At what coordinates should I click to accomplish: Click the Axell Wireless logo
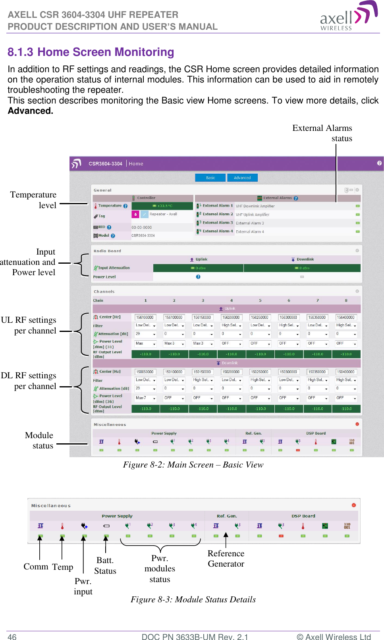[348, 16]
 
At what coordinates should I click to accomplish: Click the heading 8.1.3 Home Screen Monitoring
[91, 52]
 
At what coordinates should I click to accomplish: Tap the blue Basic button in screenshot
[210, 178]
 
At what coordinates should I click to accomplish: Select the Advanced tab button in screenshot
[242, 178]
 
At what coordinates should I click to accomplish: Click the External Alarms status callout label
[322, 133]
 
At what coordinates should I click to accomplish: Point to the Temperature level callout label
[33, 200]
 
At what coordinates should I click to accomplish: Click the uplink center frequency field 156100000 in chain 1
[145, 317]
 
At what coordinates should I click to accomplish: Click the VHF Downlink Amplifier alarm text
[255, 206]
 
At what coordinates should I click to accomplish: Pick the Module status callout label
[39, 440]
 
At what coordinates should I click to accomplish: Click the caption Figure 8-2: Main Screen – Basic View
[193, 465]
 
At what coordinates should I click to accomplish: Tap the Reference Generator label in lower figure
[226, 558]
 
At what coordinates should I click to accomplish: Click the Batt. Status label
[105, 565]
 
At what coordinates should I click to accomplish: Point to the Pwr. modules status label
[160, 569]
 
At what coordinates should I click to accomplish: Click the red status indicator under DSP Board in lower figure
[281, 536]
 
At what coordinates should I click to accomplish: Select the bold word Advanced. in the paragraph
[31, 111]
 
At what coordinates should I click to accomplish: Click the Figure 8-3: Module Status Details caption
[193, 599]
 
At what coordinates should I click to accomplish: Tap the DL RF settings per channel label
[29, 381]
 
